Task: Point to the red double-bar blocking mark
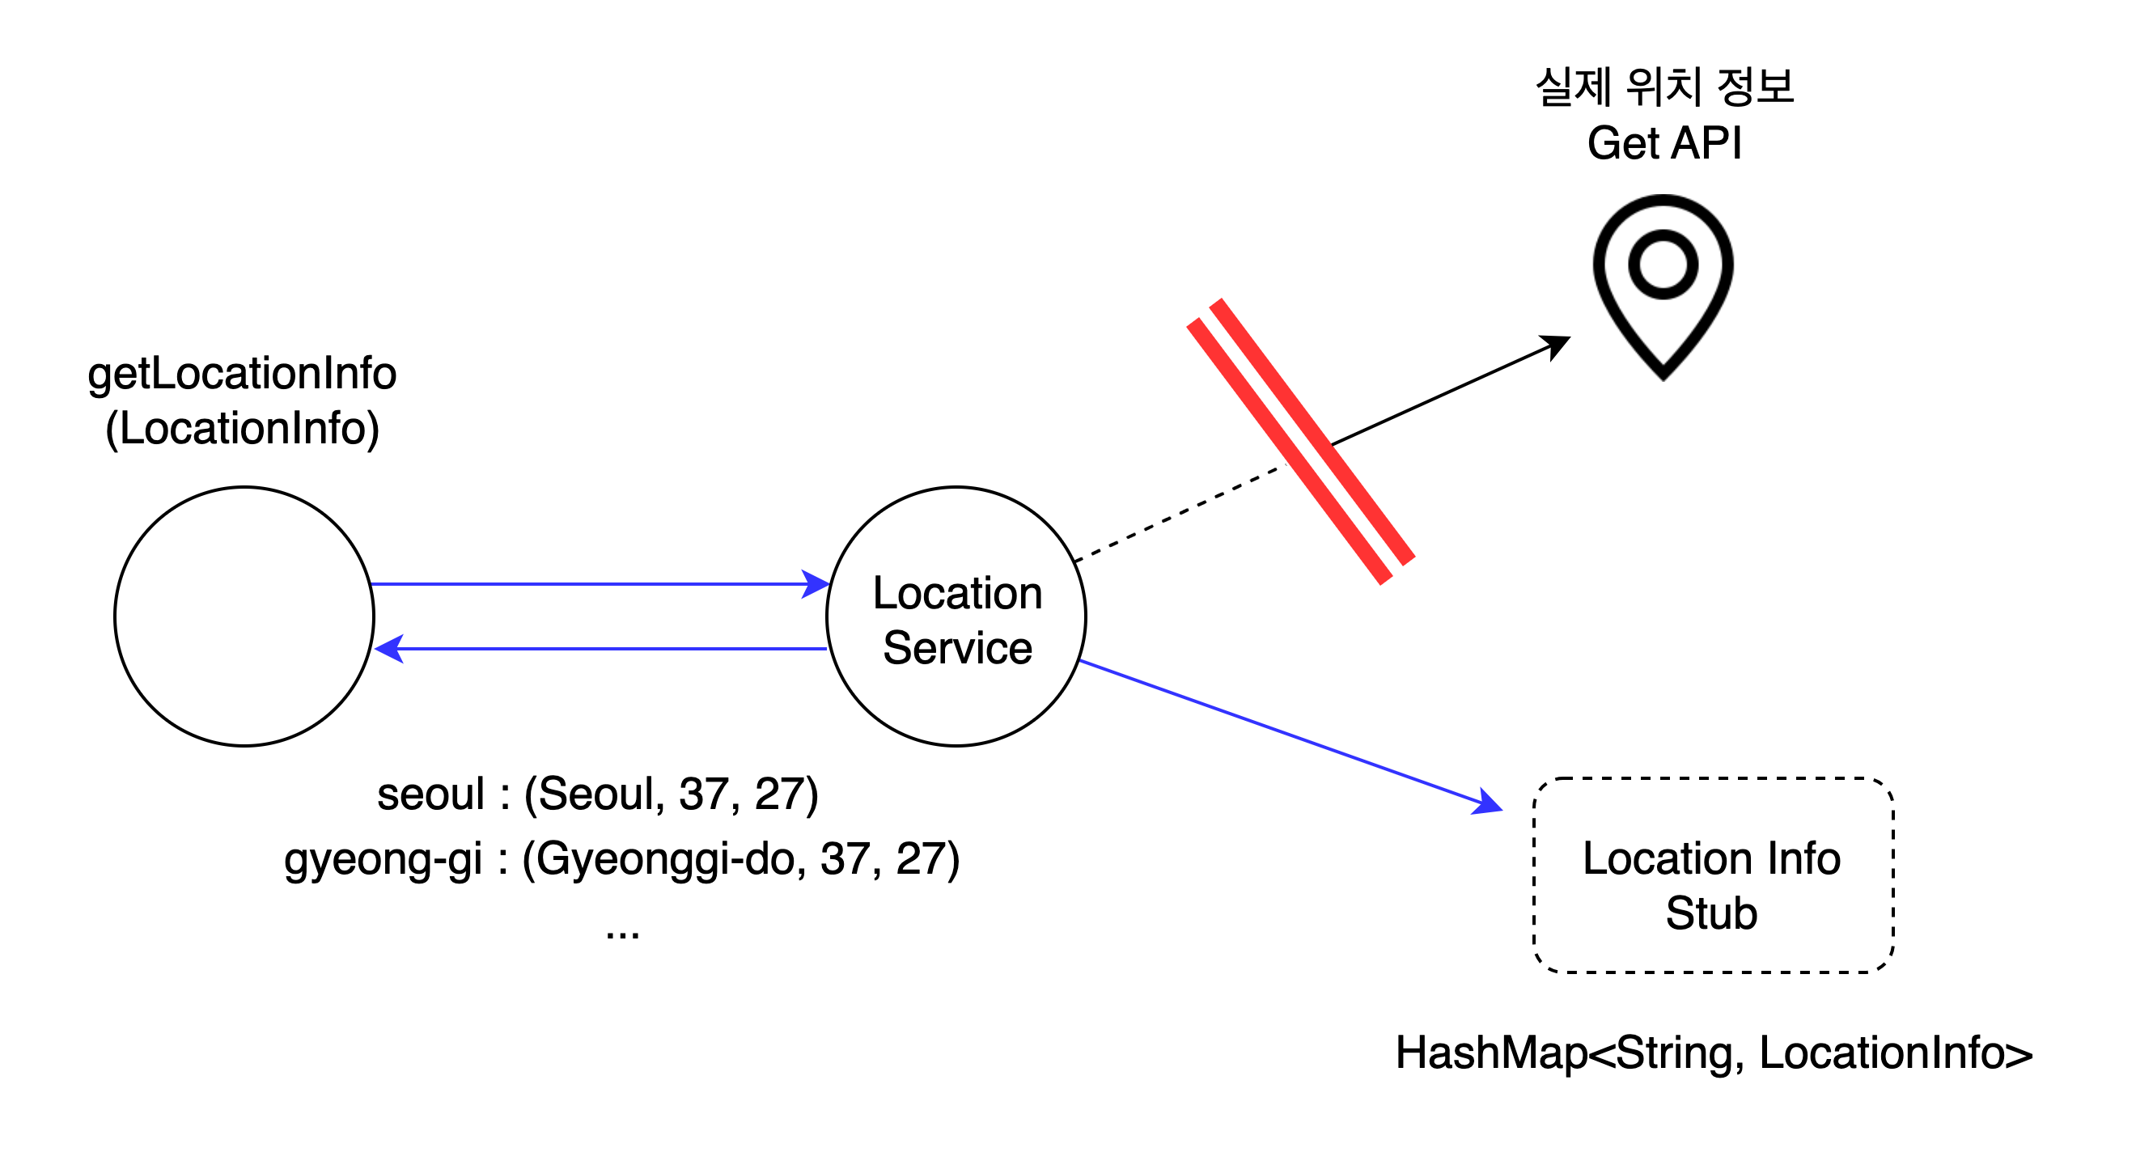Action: click(x=1300, y=442)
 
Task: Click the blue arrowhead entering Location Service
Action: click(x=816, y=584)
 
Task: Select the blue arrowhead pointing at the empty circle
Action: click(x=388, y=648)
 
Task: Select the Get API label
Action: click(x=1665, y=142)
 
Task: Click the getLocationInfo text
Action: click(x=242, y=374)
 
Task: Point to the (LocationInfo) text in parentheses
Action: click(x=242, y=429)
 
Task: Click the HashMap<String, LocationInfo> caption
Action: click(x=1714, y=1053)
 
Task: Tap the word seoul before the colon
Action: click(x=430, y=794)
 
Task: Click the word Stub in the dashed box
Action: click(x=1711, y=913)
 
